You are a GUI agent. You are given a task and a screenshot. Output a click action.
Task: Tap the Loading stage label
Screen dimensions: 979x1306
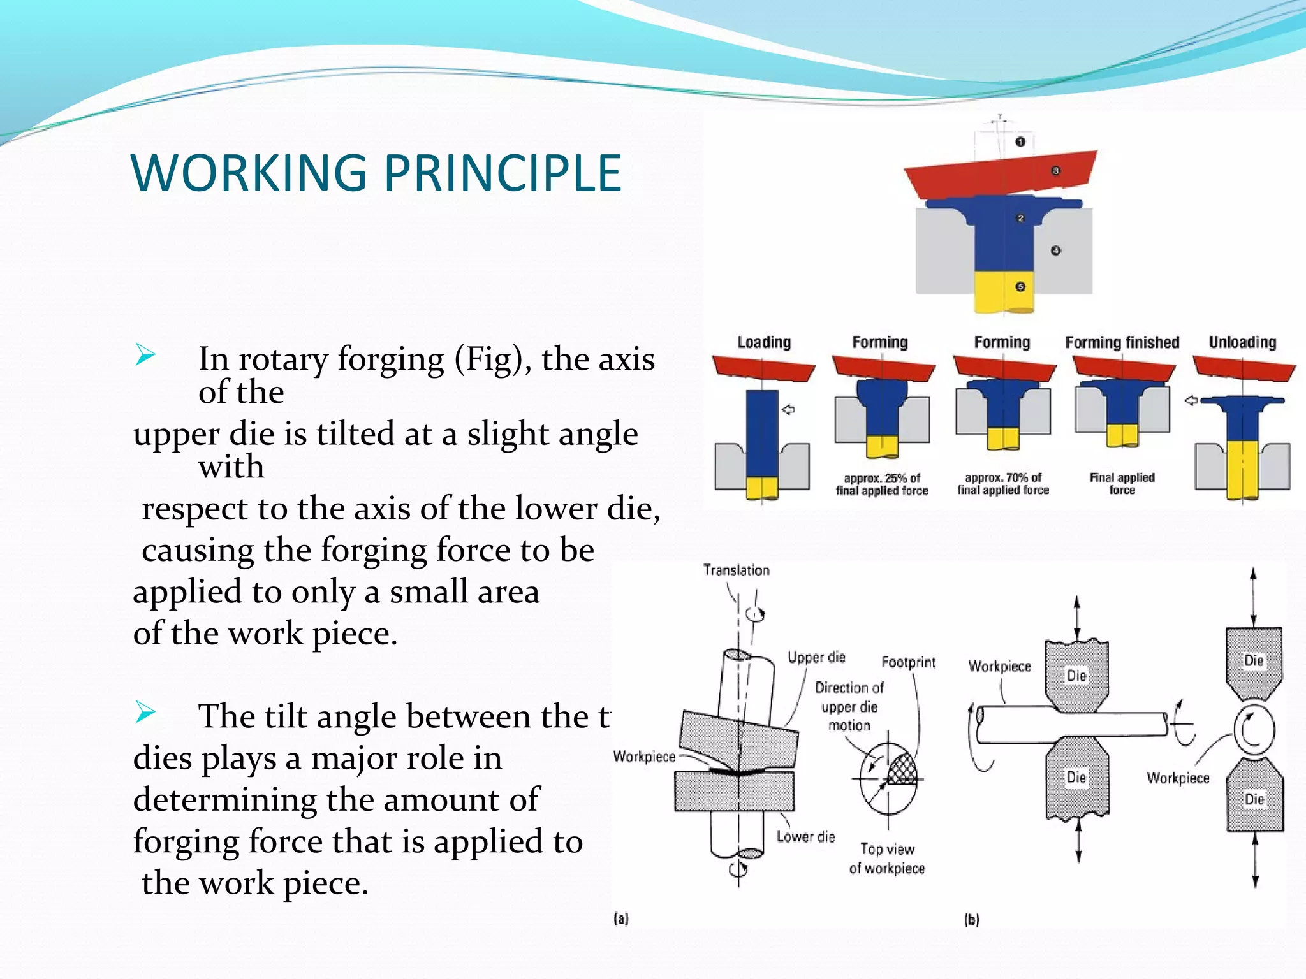(763, 342)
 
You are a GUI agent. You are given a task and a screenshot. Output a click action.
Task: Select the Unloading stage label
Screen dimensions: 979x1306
(1242, 342)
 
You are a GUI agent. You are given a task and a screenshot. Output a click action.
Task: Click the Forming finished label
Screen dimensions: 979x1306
(1122, 342)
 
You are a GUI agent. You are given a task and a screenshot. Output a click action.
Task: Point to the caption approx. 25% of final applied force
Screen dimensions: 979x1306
(882, 484)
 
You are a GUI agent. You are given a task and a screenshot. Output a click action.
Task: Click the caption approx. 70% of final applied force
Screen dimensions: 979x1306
(1002, 484)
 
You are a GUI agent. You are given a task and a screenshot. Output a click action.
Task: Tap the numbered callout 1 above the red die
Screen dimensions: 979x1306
(1020, 141)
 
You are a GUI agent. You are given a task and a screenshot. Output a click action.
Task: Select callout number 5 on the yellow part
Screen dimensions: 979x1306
(1020, 287)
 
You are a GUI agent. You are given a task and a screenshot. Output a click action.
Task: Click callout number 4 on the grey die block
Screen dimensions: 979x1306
(1056, 250)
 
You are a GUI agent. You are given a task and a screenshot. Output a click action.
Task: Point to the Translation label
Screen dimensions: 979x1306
(736, 570)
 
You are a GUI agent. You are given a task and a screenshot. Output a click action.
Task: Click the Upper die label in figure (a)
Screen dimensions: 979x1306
(816, 657)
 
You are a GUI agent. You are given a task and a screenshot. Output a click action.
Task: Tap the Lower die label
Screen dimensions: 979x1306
(805, 837)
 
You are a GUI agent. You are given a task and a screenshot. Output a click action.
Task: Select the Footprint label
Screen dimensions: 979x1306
(908, 662)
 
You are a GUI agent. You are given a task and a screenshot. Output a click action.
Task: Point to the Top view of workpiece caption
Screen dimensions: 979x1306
(886, 859)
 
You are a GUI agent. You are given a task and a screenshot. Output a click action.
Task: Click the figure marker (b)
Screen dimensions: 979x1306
(971, 919)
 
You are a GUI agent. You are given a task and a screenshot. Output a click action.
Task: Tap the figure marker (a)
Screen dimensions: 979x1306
(621, 918)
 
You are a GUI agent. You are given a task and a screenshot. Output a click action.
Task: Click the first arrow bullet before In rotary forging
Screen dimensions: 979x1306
(145, 354)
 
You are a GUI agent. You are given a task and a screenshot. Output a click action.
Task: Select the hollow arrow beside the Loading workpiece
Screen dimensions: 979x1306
(788, 410)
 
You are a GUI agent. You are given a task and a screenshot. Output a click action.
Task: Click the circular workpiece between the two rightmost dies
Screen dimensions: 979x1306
(1254, 730)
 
